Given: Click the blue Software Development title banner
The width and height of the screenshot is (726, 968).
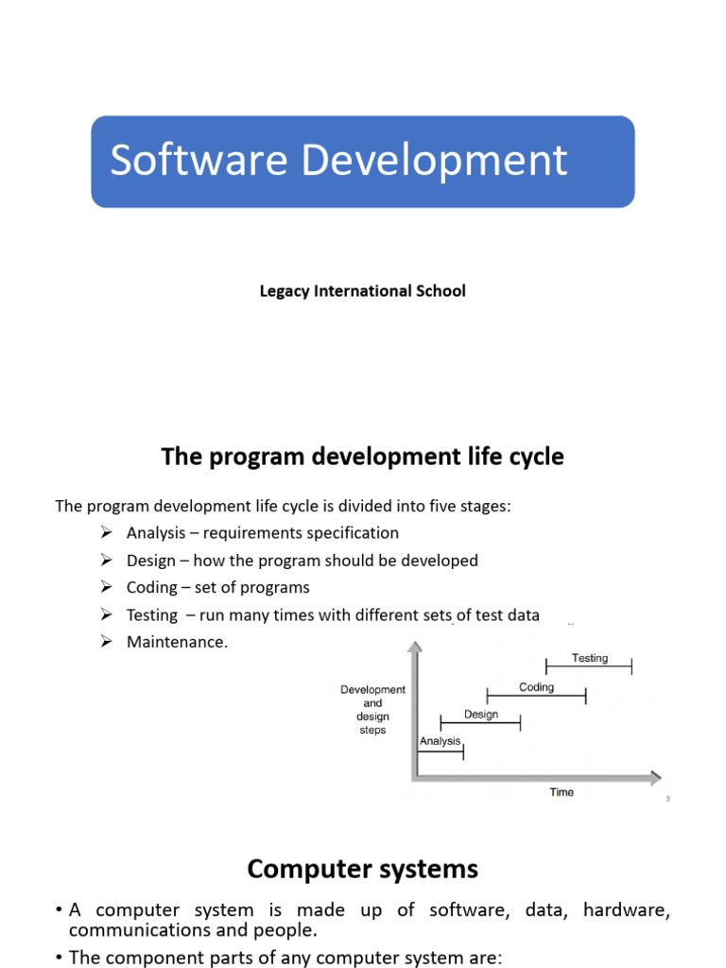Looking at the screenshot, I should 363,162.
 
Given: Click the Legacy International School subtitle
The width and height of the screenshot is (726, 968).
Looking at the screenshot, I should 363,291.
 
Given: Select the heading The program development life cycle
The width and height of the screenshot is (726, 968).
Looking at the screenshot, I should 363,458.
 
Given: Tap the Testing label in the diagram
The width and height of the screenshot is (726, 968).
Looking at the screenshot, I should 590,658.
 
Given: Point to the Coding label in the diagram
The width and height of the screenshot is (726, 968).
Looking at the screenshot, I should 536,687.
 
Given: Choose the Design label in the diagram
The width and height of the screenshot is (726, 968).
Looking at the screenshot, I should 481,715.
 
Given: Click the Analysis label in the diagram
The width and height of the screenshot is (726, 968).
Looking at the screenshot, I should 441,741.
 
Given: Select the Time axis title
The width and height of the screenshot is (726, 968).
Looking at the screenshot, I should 562,792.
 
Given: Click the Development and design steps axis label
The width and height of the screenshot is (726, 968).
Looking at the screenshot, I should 372,710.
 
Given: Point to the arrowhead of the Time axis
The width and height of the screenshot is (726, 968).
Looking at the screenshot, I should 654,779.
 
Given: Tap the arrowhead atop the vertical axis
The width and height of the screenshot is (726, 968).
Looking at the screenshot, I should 414,648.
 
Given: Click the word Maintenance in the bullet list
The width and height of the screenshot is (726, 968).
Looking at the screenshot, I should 177,642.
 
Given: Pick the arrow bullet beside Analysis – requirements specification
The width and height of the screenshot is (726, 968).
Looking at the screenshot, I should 107,533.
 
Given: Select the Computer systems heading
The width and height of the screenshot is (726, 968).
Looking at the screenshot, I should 363,869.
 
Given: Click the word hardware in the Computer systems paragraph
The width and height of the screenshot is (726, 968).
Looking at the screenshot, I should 626,910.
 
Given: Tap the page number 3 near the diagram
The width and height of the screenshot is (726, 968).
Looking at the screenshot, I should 667,800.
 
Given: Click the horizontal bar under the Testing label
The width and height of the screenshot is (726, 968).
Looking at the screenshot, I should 589,667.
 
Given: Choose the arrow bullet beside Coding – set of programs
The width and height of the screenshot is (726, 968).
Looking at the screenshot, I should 107,587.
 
